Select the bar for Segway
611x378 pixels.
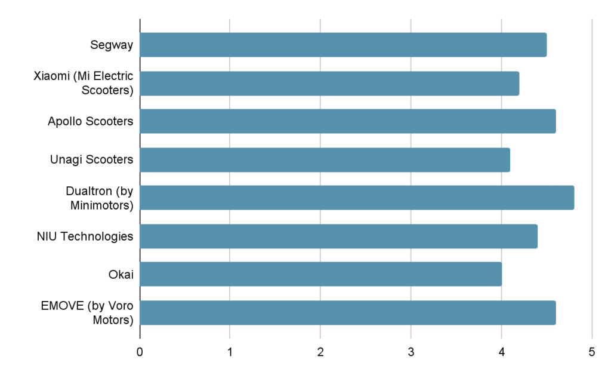pyautogui.click(x=343, y=45)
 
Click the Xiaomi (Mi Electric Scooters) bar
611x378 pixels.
pyautogui.click(x=329, y=83)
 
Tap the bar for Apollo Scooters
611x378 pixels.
pyautogui.click(x=348, y=121)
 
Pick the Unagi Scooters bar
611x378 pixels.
pyautogui.click(x=325, y=159)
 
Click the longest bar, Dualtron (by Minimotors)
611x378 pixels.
pyautogui.click(x=357, y=198)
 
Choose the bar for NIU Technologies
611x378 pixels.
pyautogui.click(x=338, y=236)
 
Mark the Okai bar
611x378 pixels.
pyautogui.click(x=320, y=274)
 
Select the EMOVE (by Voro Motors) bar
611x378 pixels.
pyautogui.click(x=348, y=312)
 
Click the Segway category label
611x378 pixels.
pyautogui.click(x=112, y=45)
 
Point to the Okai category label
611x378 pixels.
pyautogui.click(x=121, y=274)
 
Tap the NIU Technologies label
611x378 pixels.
pyautogui.click(x=85, y=236)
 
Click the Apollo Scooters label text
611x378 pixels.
pyautogui.click(x=90, y=121)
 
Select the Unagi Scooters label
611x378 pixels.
pyautogui.click(x=91, y=159)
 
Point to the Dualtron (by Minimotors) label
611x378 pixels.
pyautogui.click(x=99, y=198)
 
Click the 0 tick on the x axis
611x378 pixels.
pyautogui.click(x=140, y=352)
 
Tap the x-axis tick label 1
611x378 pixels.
pyautogui.click(x=230, y=352)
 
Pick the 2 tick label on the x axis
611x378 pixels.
pyautogui.click(x=320, y=352)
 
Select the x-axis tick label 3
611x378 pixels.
pyautogui.click(x=411, y=352)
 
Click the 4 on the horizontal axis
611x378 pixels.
pyautogui.click(x=501, y=352)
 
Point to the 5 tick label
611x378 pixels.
pyautogui.click(x=591, y=352)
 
